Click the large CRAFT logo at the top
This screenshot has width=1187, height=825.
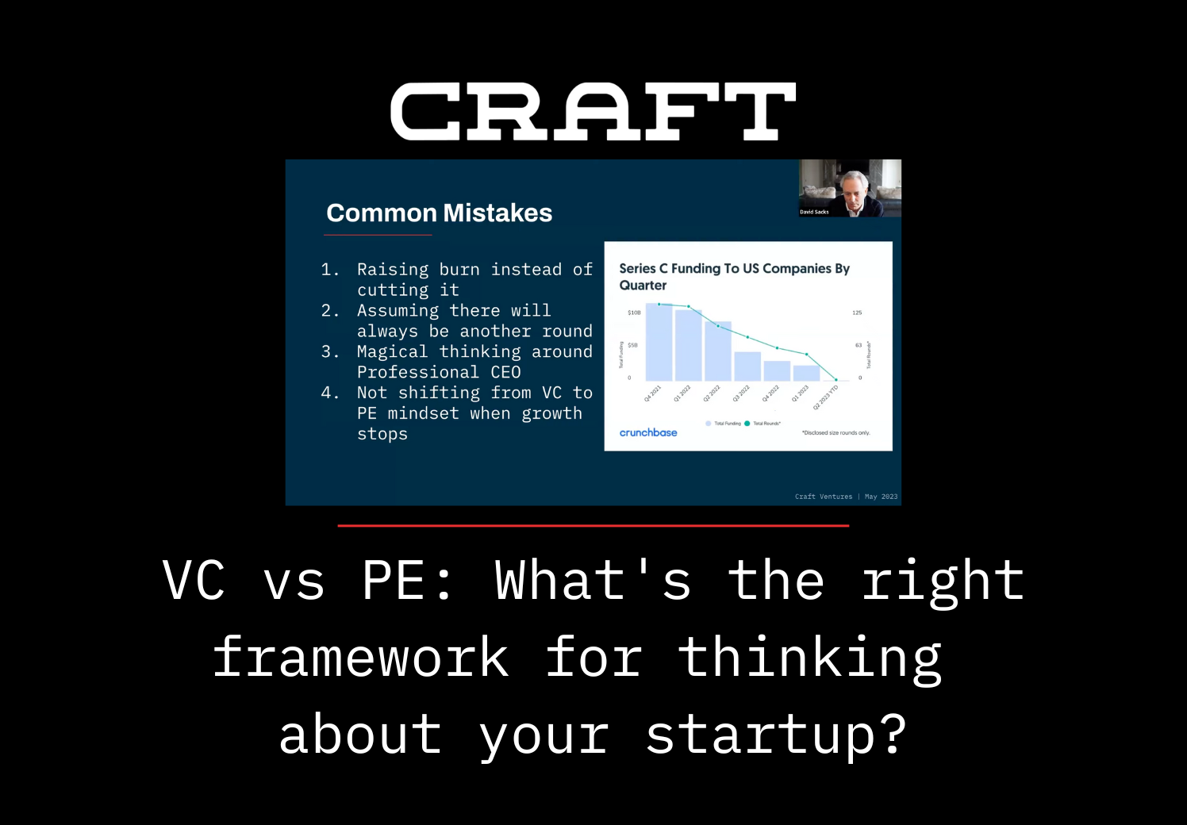click(593, 112)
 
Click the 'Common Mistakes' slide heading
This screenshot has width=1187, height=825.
click(439, 213)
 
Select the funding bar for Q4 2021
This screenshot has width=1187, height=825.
click(659, 343)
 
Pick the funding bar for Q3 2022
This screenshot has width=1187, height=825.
click(747, 366)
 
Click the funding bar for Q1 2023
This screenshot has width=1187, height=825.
click(806, 373)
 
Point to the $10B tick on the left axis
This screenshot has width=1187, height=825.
click(634, 313)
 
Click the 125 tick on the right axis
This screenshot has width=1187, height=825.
click(857, 313)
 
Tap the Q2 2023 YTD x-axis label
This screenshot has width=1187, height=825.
click(826, 397)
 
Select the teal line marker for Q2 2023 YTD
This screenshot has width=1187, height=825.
click(836, 380)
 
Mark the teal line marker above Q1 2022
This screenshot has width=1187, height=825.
click(689, 306)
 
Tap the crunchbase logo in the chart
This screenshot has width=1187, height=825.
click(648, 432)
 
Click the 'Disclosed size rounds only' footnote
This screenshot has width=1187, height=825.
click(836, 433)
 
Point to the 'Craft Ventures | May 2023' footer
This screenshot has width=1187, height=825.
click(846, 497)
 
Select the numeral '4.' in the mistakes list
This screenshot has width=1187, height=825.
click(330, 393)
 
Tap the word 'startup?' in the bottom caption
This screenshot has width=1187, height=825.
click(775, 735)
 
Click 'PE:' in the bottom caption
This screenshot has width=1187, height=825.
click(407, 581)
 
